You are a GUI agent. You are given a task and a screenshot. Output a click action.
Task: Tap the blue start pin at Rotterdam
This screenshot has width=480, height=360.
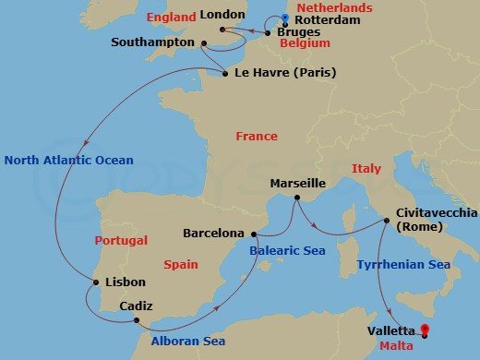coord(285,18)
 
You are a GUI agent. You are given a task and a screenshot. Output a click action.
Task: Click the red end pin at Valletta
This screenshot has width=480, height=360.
coord(425,329)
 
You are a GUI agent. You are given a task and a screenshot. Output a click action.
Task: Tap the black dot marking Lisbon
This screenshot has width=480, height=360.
coord(96,282)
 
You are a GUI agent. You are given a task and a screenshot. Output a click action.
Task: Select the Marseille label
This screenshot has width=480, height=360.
coord(296,184)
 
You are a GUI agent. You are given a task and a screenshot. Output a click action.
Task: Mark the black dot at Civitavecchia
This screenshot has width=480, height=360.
coord(385,221)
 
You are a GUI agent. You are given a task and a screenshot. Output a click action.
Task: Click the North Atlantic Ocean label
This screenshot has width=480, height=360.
coord(68,160)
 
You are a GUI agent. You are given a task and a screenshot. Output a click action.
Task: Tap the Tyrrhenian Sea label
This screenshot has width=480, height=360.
coord(403,265)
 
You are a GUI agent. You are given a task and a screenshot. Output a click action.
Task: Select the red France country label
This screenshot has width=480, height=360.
coord(257,137)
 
